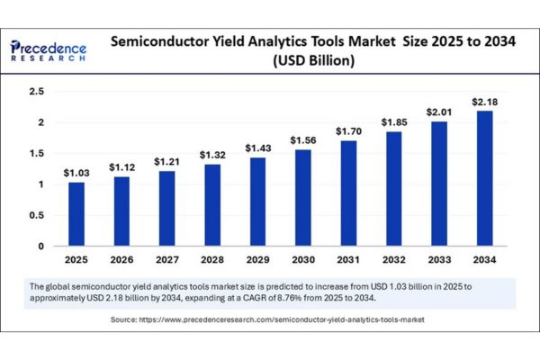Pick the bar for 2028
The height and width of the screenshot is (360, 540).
click(213, 205)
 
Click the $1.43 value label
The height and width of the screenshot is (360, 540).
click(258, 148)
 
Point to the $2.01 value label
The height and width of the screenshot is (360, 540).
click(438, 112)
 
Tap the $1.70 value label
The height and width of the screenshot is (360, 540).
click(348, 130)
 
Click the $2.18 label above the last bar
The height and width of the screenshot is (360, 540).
click(483, 101)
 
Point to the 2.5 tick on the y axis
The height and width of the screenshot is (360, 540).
click(36, 92)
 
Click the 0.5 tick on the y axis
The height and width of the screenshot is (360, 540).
click(36, 215)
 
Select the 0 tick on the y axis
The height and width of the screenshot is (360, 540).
click(40, 246)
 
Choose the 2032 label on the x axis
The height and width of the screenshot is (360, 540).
click(393, 261)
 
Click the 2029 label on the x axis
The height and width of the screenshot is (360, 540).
click(258, 261)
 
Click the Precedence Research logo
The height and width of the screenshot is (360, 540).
click(49, 49)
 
